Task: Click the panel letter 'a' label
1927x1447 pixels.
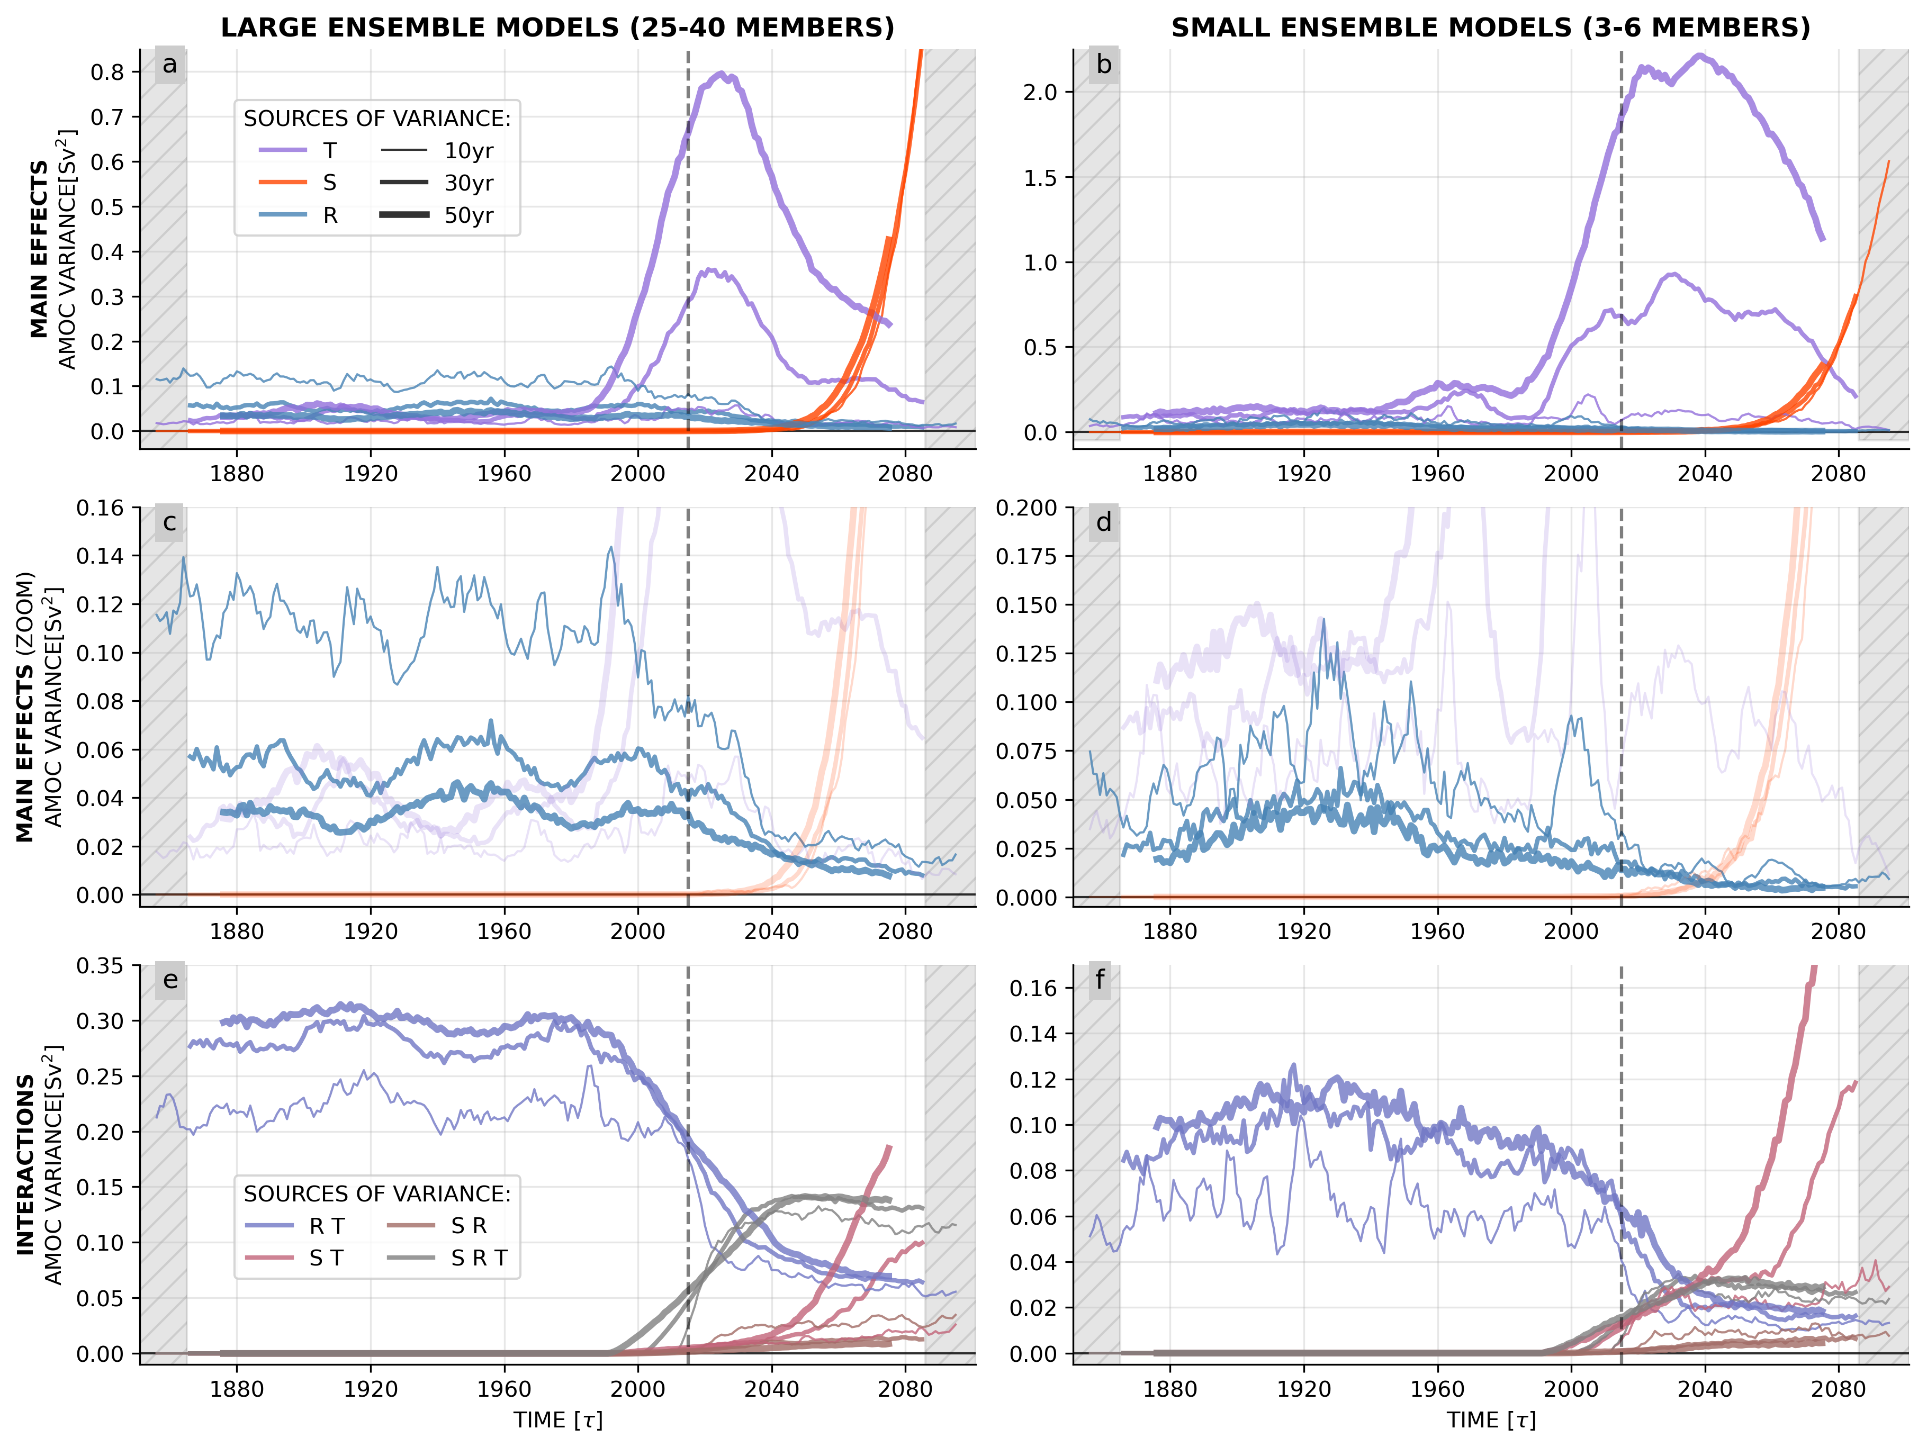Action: click(x=170, y=65)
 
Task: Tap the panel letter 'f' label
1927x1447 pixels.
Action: click(x=1100, y=980)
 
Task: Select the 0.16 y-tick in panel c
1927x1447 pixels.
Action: click(x=100, y=508)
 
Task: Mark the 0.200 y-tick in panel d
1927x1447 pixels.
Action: click(x=1026, y=508)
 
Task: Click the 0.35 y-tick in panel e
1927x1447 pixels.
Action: click(x=100, y=965)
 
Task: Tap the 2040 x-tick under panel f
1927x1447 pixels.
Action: click(x=1705, y=1389)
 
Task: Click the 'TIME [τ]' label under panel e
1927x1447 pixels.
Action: click(x=557, y=1420)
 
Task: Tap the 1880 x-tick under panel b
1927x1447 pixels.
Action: click(x=1170, y=474)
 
